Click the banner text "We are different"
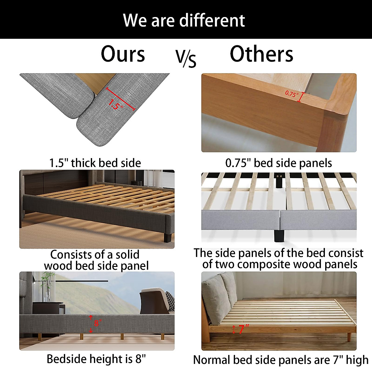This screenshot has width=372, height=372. pos(184,20)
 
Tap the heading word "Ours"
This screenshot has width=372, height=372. pos(123,54)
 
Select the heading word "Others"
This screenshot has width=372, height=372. pos(261,54)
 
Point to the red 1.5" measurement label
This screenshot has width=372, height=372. pos(115,104)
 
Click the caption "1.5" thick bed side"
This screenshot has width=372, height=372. pos(95,163)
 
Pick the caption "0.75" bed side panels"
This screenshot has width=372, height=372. pos(278,163)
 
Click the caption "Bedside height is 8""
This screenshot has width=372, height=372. pos(96,359)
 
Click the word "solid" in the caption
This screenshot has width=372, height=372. pos(127,255)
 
